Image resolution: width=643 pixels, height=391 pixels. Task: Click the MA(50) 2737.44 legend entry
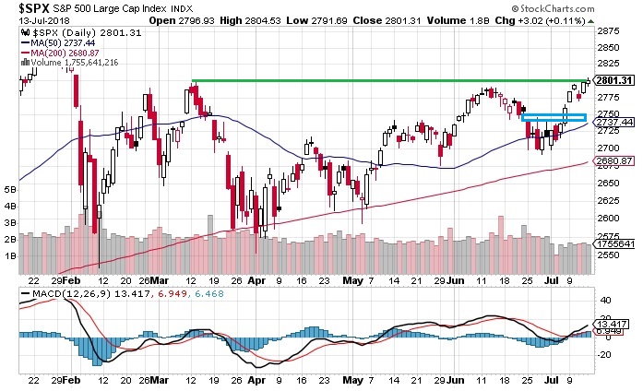(65, 42)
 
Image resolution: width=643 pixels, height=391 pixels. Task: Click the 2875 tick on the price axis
(608, 32)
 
